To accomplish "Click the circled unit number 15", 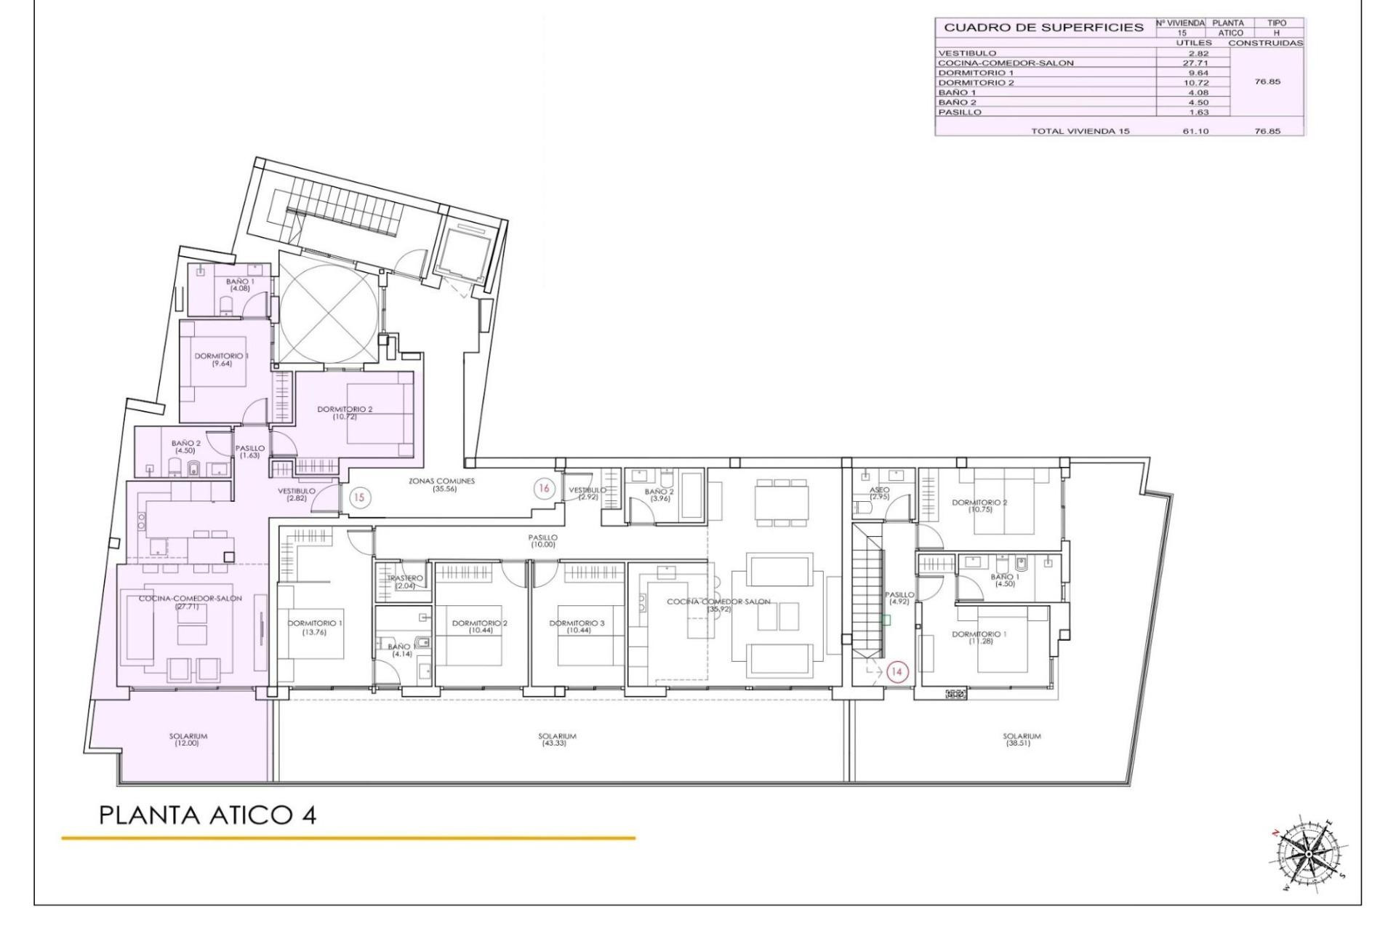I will pyautogui.click(x=359, y=498).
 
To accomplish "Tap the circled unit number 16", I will pyautogui.click(x=544, y=489).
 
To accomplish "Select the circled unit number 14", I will pyautogui.click(x=896, y=671).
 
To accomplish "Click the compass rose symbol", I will pyautogui.click(x=1307, y=852).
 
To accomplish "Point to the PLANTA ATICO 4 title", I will pyautogui.click(x=207, y=815).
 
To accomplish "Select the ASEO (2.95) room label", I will pyautogui.click(x=880, y=493).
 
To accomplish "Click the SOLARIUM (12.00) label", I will pyautogui.click(x=188, y=739).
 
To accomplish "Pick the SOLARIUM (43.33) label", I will pyautogui.click(x=557, y=739).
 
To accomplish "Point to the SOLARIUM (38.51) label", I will pyautogui.click(x=1022, y=739).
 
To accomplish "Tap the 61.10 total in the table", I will pyautogui.click(x=1195, y=132).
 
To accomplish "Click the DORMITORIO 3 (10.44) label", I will pyautogui.click(x=577, y=626).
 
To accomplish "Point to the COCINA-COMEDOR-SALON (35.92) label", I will pyautogui.click(x=718, y=605).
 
